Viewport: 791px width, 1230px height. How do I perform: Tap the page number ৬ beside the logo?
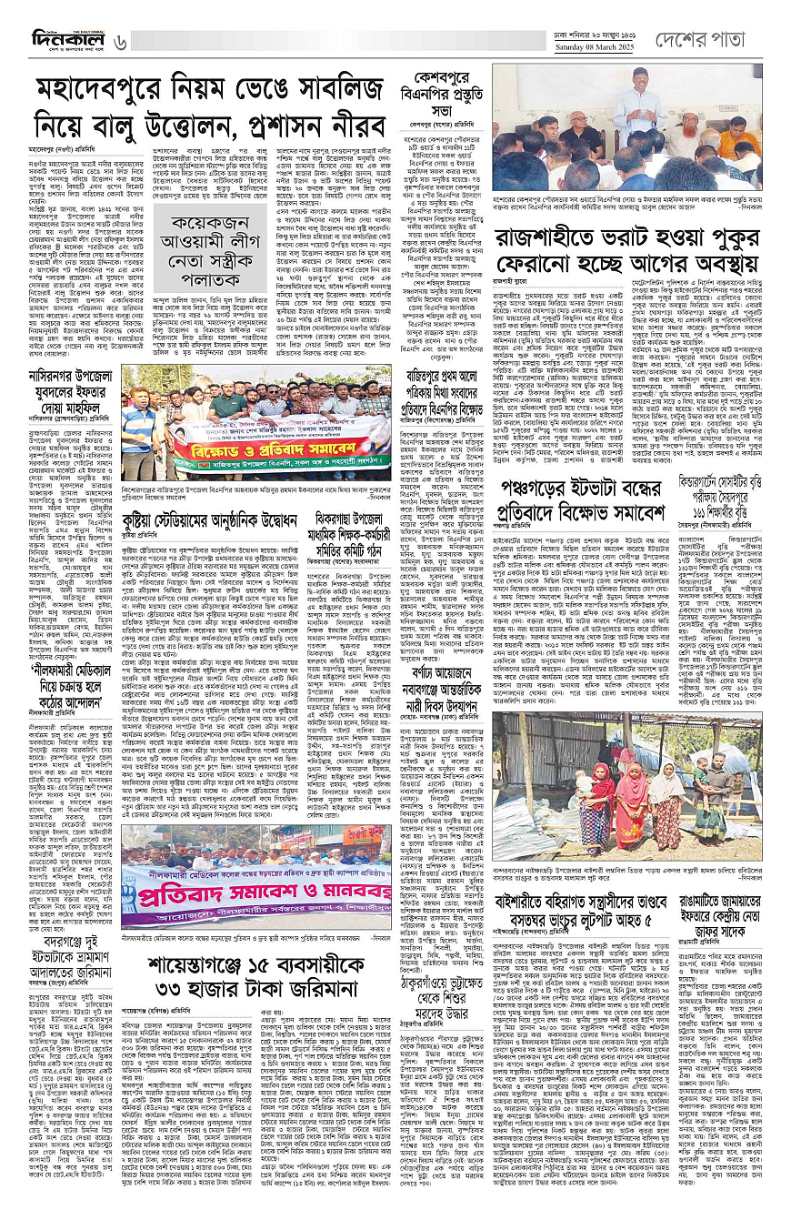[121, 41]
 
